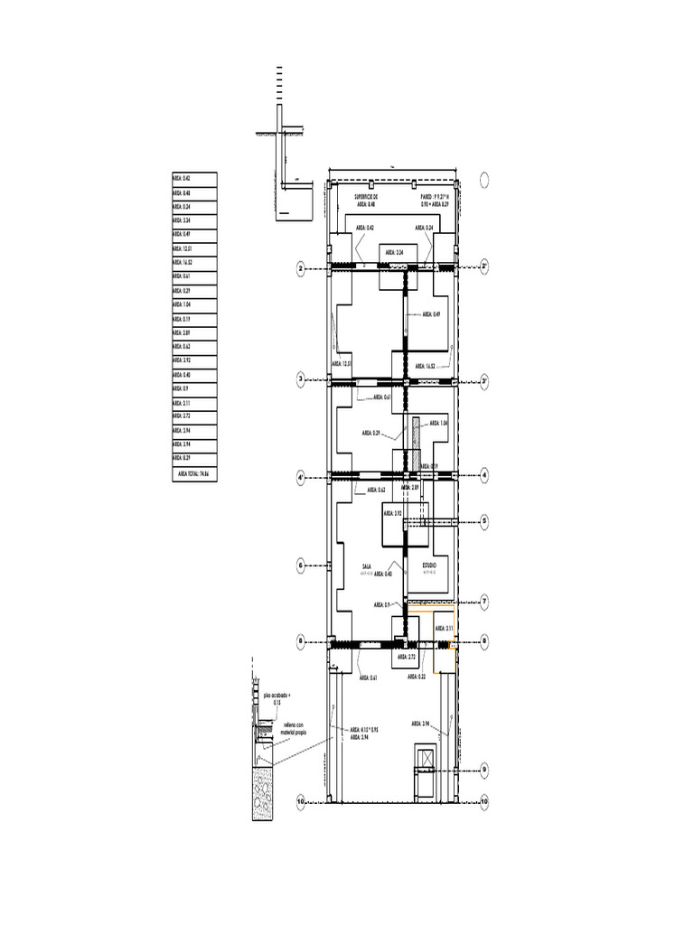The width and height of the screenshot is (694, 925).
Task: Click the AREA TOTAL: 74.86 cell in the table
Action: [x=195, y=472]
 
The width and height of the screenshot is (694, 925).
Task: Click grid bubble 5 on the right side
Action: [x=484, y=521]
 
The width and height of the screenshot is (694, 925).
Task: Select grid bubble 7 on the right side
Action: [x=484, y=601]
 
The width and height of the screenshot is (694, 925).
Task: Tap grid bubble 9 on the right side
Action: [x=484, y=770]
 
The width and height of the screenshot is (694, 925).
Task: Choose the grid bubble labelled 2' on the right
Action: [x=484, y=266]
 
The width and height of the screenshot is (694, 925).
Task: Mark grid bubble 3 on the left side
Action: [x=300, y=380]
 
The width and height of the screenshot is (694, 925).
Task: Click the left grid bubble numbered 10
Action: [x=300, y=801]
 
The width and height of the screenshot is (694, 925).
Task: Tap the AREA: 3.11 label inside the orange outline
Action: [x=443, y=628]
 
